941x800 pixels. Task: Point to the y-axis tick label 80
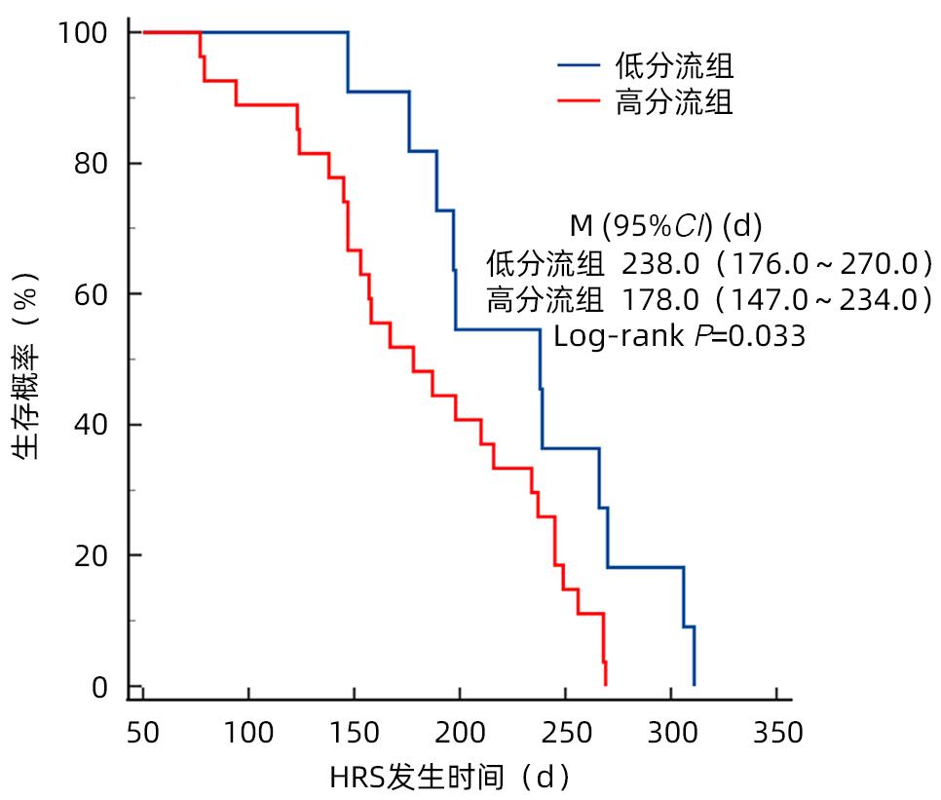click(x=94, y=164)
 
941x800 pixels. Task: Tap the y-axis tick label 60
click(x=94, y=294)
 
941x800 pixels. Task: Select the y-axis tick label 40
click(x=94, y=425)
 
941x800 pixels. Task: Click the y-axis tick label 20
click(x=94, y=555)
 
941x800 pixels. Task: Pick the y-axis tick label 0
click(x=101, y=688)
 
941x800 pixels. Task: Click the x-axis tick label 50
click(x=142, y=732)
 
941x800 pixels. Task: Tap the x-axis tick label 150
click(x=354, y=732)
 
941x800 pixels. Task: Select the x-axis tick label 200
click(x=459, y=732)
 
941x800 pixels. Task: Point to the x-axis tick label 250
click(x=565, y=732)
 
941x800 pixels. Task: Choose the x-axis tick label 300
click(x=670, y=732)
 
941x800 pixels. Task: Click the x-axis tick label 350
click(x=776, y=732)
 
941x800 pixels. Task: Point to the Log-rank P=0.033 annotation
click(x=679, y=337)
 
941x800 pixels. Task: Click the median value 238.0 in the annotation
click(x=653, y=263)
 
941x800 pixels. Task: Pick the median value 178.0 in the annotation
click(x=653, y=300)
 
